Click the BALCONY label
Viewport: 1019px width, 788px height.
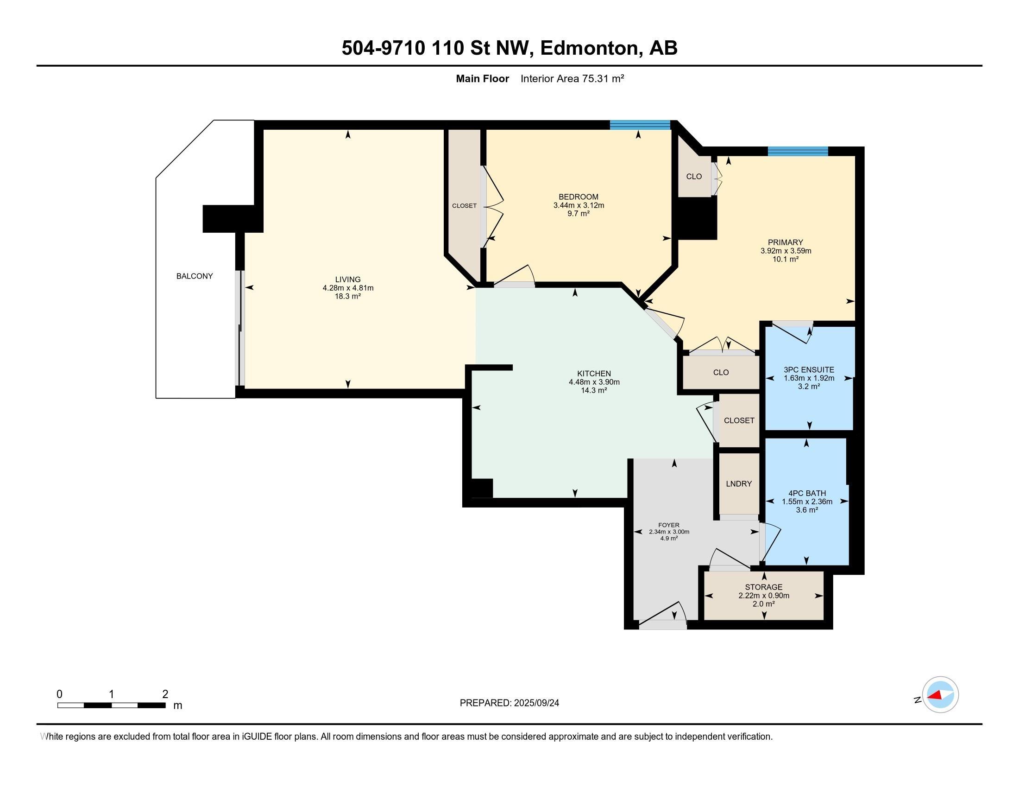coord(195,276)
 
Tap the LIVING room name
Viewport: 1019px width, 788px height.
coord(347,280)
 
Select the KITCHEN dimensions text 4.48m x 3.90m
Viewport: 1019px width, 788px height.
coord(594,382)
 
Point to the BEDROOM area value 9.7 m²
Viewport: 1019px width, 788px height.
coord(579,213)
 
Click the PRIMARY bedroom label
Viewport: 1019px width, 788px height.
coord(786,242)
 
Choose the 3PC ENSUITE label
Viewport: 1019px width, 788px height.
coord(809,370)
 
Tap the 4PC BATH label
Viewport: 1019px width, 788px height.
coord(807,493)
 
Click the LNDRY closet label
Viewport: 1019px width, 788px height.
coord(739,483)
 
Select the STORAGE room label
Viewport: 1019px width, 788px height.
coord(764,587)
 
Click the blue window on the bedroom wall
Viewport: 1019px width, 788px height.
coord(640,125)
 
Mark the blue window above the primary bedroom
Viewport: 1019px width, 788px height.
coord(798,151)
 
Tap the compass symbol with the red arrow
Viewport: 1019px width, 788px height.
coord(940,694)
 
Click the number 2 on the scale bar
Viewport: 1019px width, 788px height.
coord(165,694)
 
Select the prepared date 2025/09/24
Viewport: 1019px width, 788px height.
coord(535,703)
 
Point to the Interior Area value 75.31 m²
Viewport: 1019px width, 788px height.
coord(603,78)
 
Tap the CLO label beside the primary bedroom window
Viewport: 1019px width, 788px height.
coord(694,177)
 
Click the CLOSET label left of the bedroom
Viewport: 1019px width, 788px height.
coord(464,205)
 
